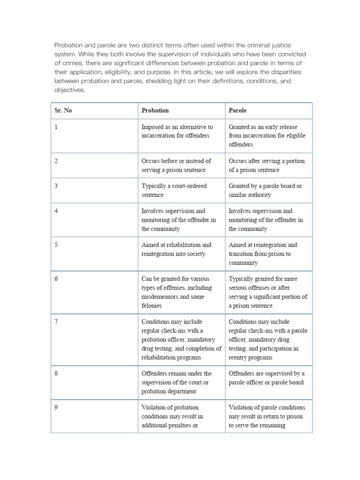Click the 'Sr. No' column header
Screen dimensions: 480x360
point(63,110)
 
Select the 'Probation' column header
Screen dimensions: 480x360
point(155,110)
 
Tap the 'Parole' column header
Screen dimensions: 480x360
point(237,110)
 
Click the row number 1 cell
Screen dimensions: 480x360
point(56,127)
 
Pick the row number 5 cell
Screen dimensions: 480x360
point(56,245)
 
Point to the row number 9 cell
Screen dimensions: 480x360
point(56,407)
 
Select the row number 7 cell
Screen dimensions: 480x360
point(56,322)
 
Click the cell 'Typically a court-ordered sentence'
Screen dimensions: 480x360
point(173,190)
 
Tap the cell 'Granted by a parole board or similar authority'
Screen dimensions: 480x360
point(265,190)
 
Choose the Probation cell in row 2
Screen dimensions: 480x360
point(176,165)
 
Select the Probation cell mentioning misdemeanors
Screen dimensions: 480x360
point(176,292)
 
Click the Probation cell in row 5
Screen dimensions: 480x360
point(176,249)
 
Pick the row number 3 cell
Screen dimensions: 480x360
point(56,186)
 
